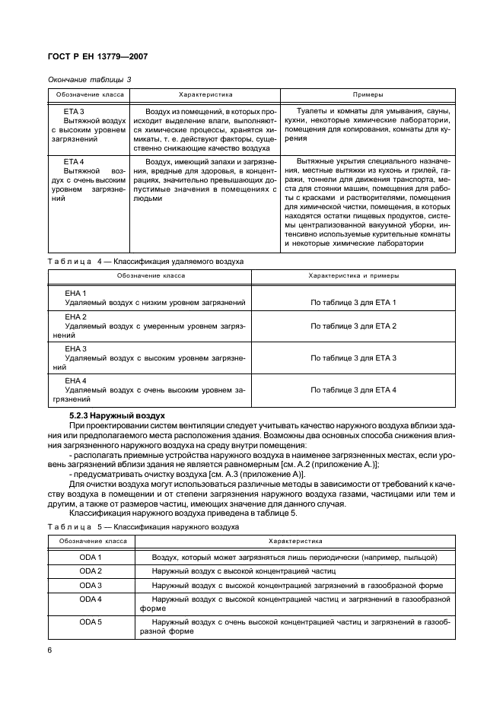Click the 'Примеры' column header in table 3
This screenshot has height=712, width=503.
point(368,95)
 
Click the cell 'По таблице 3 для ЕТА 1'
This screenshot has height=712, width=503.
point(353,303)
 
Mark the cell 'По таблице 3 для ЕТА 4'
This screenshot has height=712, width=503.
point(353,389)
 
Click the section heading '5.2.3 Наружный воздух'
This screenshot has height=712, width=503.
point(117,415)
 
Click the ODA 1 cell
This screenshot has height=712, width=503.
point(91,558)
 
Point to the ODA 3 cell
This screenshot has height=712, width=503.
point(91,585)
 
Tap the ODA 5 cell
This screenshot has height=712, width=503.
point(91,621)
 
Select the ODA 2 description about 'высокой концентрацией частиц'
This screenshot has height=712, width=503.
point(244,571)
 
